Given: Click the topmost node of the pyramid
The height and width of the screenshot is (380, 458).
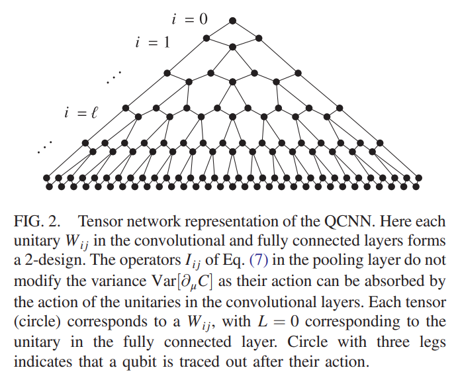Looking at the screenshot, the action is (x=232, y=21).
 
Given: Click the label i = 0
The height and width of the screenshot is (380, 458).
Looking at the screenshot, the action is (x=189, y=19).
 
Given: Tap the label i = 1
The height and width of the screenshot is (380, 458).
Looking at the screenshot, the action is (x=152, y=42).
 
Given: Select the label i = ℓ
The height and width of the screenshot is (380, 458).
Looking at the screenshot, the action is (x=81, y=113).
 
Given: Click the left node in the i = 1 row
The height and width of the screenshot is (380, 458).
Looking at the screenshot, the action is (x=206, y=38).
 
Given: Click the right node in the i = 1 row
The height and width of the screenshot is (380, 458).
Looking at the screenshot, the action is (x=259, y=38).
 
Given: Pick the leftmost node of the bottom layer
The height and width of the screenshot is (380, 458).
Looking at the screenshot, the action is (x=46, y=178).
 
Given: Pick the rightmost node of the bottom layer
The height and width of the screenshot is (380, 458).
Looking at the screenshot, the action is (x=418, y=178).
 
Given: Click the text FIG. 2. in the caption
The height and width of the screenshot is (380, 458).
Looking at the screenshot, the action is (x=37, y=221).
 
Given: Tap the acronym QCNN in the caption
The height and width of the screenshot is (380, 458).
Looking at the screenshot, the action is (x=349, y=221).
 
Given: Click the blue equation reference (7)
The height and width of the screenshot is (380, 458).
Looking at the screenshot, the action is (x=259, y=260).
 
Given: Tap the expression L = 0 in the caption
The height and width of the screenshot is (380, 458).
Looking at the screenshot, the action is (x=278, y=321).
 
